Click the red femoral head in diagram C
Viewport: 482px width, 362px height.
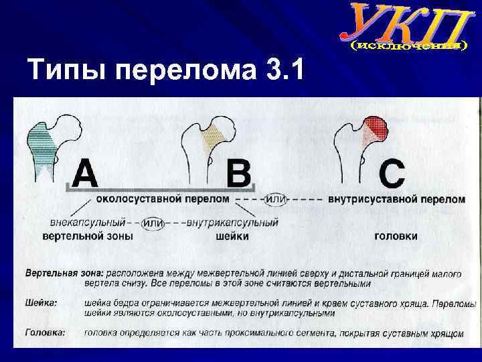click(377, 126)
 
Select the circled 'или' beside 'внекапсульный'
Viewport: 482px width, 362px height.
click(155, 223)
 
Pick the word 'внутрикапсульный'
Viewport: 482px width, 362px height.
click(233, 223)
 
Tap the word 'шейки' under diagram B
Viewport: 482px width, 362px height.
click(232, 236)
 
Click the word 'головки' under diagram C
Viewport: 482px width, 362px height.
click(396, 236)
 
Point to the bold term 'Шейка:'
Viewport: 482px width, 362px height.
click(42, 303)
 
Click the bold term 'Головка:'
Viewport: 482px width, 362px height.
click(46, 332)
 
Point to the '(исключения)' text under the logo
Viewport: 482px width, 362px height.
click(408, 46)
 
